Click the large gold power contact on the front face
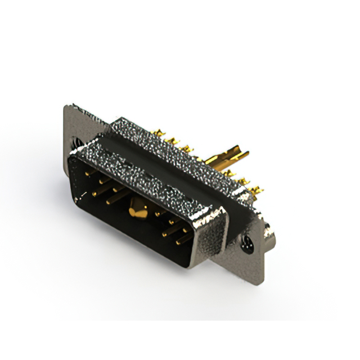click(x=137, y=210)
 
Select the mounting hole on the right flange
click(x=246, y=243)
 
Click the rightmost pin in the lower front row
click(x=184, y=238)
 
